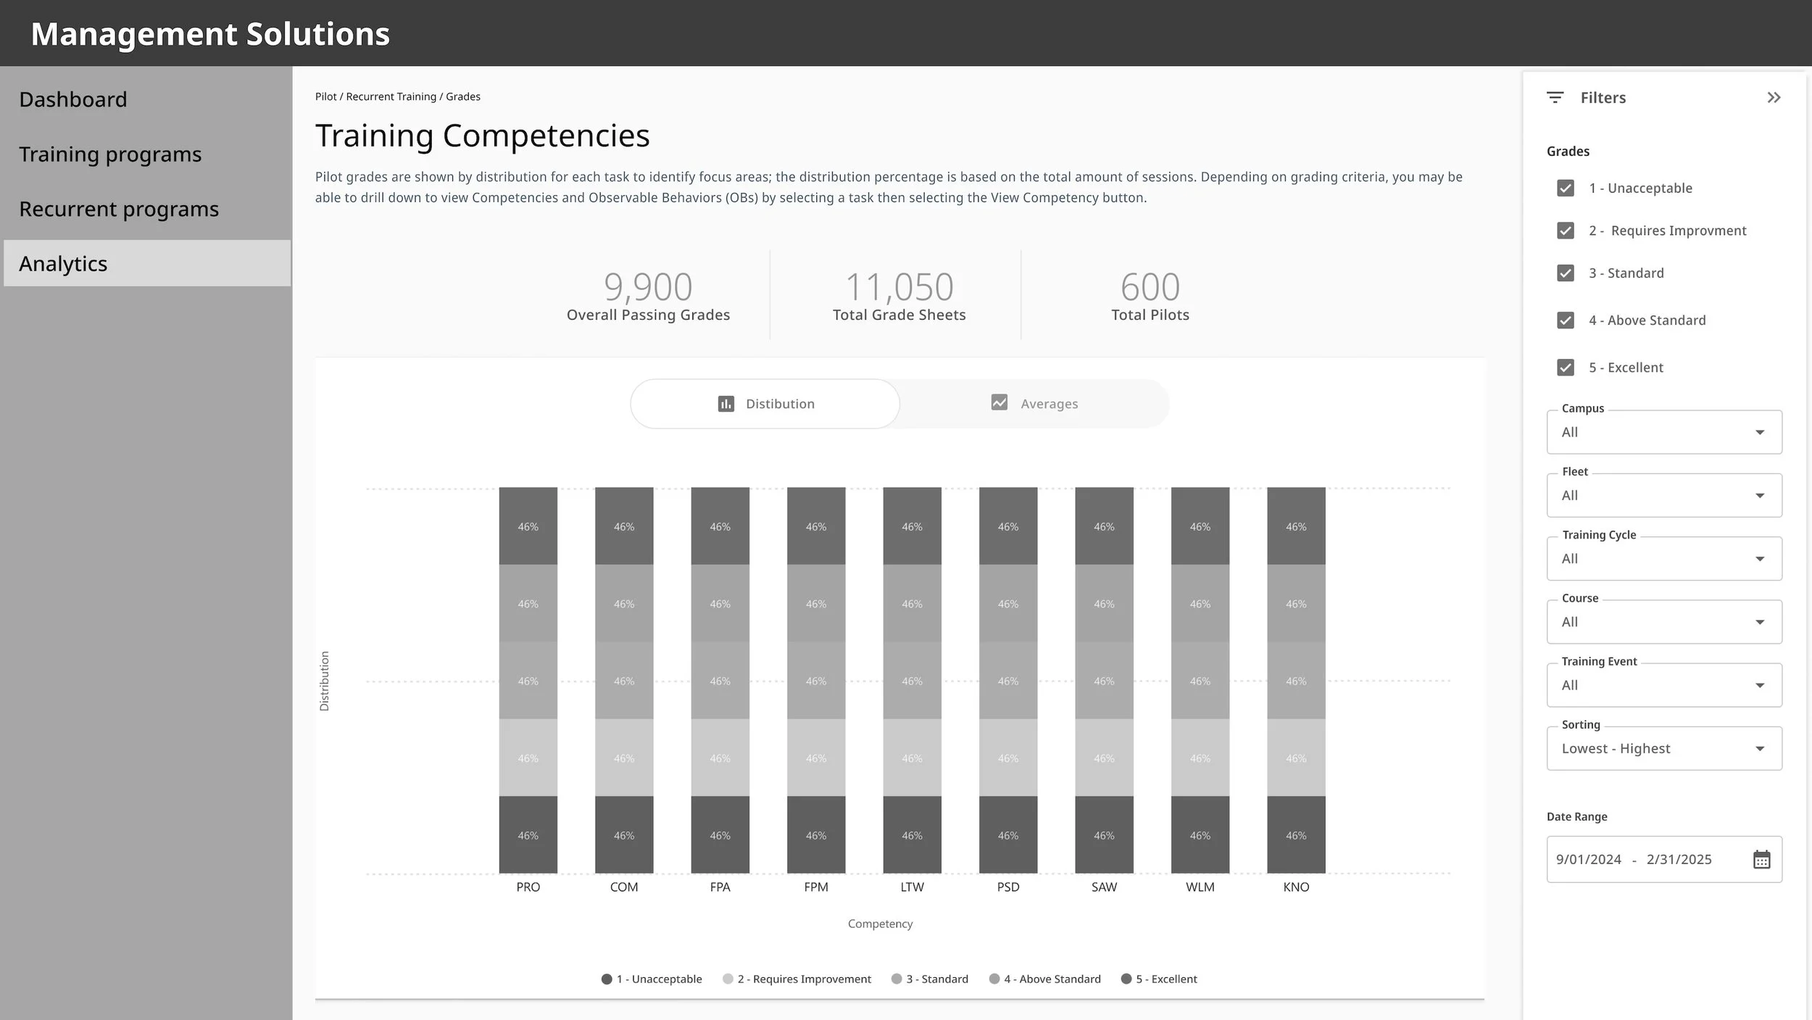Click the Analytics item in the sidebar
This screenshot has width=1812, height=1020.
coord(146,263)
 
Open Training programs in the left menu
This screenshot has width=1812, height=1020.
coord(110,154)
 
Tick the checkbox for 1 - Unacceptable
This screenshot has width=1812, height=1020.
coord(1566,188)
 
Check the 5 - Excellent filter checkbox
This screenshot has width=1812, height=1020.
coord(1566,368)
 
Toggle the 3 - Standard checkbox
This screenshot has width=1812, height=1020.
coord(1566,273)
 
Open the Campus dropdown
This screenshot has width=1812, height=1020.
coord(1664,432)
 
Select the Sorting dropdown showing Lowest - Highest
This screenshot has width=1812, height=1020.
coord(1664,748)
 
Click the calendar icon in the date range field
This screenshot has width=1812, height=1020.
coord(1762,860)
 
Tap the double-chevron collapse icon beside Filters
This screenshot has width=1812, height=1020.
coord(1774,98)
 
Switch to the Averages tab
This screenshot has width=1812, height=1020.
coord(1034,404)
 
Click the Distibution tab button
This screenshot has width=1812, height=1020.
coord(765,404)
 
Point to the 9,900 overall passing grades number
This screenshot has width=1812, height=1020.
coord(648,287)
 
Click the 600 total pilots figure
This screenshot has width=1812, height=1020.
coord(1150,287)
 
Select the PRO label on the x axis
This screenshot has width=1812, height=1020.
coord(528,887)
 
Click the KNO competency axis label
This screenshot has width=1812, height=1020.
coord(1296,887)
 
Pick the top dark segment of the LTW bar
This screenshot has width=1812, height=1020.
coord(912,526)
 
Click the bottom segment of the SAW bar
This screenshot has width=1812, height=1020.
coord(1104,835)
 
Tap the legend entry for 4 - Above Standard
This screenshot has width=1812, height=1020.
coord(1045,979)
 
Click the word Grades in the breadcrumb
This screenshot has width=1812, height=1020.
coord(463,96)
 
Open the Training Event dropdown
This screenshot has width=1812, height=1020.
coord(1664,685)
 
